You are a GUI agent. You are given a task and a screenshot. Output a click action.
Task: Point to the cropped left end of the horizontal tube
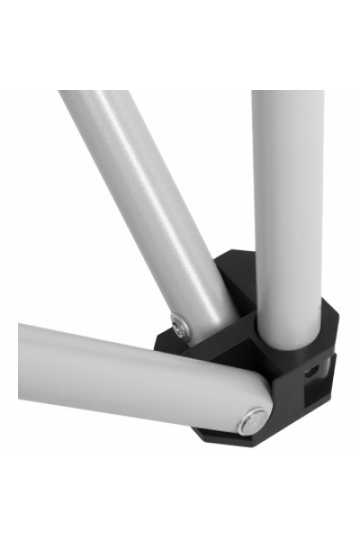[x=22, y=360]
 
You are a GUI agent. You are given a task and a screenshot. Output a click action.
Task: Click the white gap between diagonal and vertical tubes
[x=225, y=180]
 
